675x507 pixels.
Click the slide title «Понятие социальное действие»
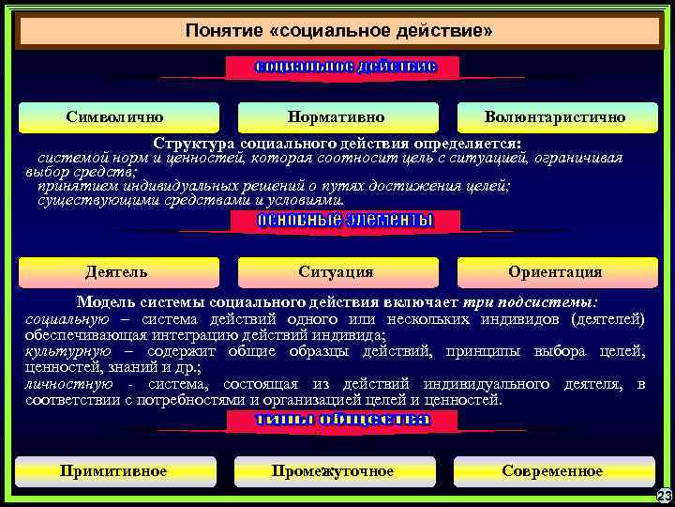[338, 32]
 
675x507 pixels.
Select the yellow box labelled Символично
[115, 117]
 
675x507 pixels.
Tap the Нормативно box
[336, 117]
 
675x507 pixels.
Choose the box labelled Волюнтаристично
[555, 117]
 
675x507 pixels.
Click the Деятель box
[115, 271]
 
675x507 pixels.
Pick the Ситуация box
[336, 271]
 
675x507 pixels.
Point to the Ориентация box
[555, 271]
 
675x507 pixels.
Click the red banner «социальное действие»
[344, 67]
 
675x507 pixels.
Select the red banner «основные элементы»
[344, 221]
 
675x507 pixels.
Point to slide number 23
[664, 496]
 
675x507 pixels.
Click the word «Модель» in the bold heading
[102, 303]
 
